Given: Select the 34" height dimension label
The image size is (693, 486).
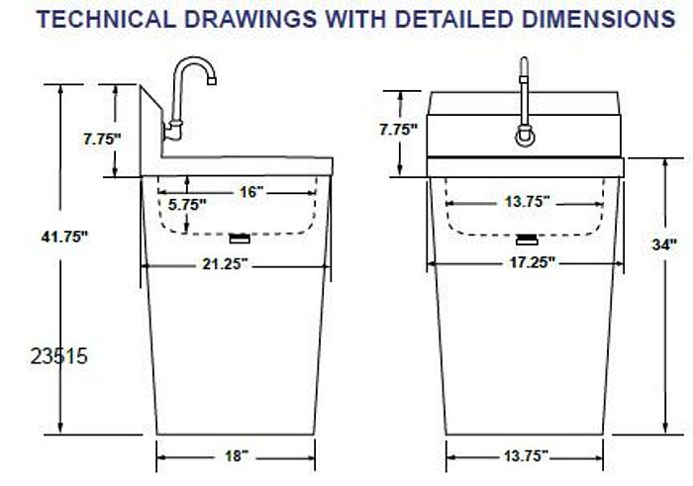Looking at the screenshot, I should (664, 243).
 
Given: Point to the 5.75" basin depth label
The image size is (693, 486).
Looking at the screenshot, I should (187, 205).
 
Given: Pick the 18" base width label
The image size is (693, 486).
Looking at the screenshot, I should (236, 455).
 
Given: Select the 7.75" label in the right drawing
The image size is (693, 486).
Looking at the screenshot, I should (398, 129).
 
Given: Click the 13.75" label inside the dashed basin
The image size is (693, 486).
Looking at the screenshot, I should (526, 201).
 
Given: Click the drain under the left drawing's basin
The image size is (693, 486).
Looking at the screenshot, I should (239, 238).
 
